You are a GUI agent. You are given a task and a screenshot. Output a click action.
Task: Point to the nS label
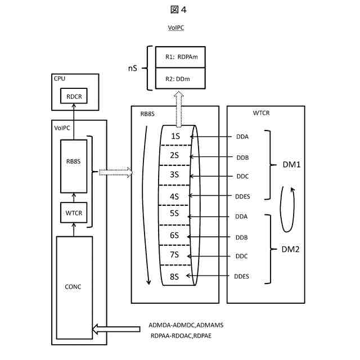click(132, 68)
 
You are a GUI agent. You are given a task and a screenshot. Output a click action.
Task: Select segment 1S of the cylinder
click(174, 136)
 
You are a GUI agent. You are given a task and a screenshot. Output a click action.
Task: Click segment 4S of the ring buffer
click(174, 196)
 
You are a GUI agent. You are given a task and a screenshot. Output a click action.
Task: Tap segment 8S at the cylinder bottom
click(174, 276)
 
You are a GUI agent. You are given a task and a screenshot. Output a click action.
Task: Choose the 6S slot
click(174, 236)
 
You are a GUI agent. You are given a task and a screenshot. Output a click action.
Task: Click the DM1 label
click(292, 166)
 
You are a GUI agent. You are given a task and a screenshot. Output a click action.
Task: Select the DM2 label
click(292, 248)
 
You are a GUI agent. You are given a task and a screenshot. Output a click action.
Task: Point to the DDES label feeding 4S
click(242, 196)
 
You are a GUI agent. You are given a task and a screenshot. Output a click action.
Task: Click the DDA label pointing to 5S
click(242, 216)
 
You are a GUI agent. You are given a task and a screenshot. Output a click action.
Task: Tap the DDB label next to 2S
click(242, 157)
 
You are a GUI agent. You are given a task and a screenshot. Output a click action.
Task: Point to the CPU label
click(60, 79)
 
